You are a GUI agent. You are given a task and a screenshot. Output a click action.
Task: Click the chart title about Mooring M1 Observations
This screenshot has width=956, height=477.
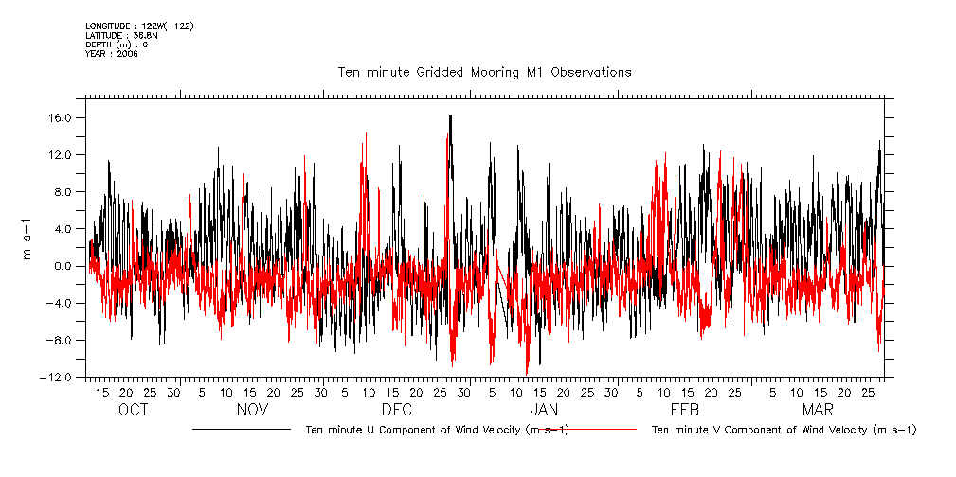point(484,72)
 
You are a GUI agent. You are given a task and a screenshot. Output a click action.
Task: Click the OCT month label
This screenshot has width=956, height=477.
point(134,410)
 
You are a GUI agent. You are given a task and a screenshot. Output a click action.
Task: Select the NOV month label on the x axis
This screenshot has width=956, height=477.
point(252,410)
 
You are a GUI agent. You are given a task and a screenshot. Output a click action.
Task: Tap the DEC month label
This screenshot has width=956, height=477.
point(396,410)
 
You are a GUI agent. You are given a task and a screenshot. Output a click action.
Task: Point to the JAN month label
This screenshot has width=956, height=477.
point(544,410)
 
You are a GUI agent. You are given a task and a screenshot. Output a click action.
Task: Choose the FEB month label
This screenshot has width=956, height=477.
point(684,410)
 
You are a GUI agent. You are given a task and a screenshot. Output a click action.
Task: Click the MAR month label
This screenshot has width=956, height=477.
point(818,410)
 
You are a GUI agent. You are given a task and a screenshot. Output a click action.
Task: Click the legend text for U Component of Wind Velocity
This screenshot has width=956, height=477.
point(437,430)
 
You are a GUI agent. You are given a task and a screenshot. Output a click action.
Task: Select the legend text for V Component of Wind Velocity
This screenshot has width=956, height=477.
point(785,430)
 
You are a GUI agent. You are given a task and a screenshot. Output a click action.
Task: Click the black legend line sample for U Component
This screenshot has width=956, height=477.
point(241,430)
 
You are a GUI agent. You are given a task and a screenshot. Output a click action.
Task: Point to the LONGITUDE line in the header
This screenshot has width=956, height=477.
point(139,26)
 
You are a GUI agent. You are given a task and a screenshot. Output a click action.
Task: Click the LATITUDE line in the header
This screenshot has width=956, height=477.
point(120,36)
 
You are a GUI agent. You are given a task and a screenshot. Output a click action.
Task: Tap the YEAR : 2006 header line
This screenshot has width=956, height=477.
point(112,54)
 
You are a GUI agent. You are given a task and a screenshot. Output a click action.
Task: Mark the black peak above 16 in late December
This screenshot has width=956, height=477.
point(451,115)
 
